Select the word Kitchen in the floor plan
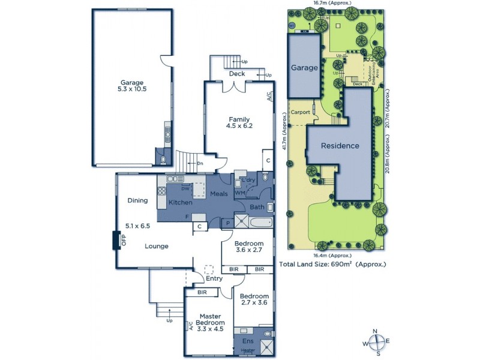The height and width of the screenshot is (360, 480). click(x=180, y=202)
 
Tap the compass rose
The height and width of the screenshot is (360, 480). click(x=376, y=343)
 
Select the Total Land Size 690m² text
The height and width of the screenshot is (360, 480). click(x=332, y=264)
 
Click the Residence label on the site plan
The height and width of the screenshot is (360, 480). click(x=340, y=146)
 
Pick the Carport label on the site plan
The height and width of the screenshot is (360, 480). click(x=300, y=112)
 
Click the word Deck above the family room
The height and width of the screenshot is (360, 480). click(x=236, y=74)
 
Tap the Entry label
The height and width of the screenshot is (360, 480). click(x=214, y=278)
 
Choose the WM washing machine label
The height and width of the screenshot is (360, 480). click(x=239, y=193)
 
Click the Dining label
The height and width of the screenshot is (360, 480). click(x=137, y=201)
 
